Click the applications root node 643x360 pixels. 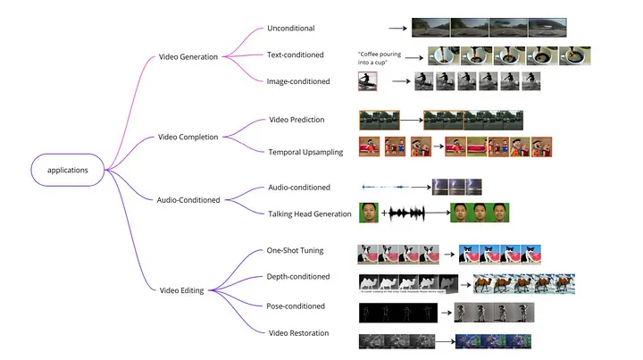(67, 168)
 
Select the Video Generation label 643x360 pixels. (188, 57)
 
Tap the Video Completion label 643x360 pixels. (188, 137)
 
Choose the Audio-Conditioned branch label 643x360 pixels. (188, 200)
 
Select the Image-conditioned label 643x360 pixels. (299, 82)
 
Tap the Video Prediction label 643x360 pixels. (296, 120)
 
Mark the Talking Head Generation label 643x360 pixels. (310, 213)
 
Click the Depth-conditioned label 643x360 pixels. (298, 277)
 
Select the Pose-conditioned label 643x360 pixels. (296, 306)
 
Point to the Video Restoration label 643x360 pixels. (299, 333)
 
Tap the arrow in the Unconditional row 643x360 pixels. (397, 29)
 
